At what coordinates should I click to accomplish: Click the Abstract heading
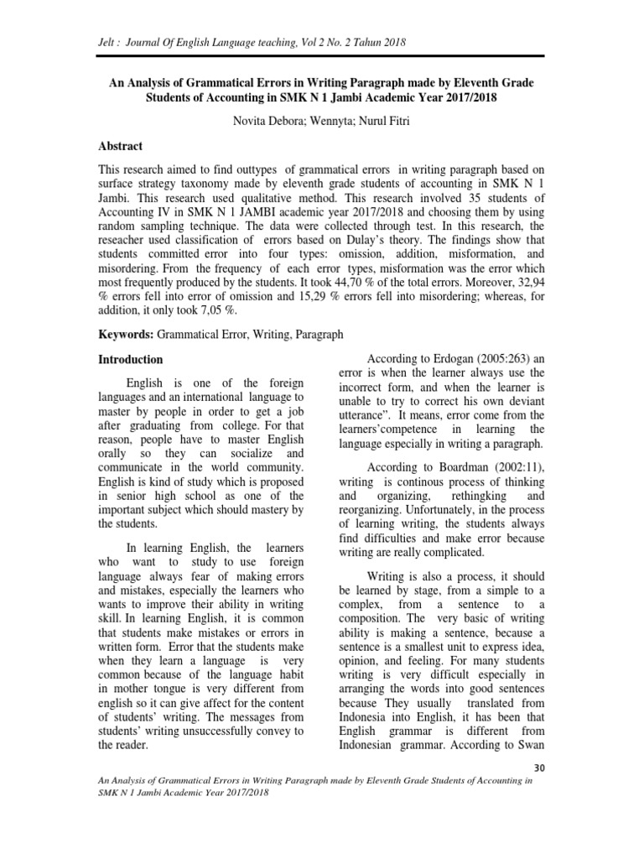[121, 146]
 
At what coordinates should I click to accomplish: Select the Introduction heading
[131, 360]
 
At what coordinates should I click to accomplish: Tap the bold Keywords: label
[127, 334]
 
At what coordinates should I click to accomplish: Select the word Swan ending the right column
[530, 742]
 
